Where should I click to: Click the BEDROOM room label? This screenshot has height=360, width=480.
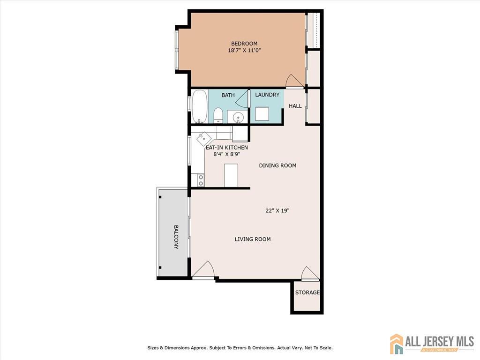point(244,44)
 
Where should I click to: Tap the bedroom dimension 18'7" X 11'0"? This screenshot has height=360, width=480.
point(244,50)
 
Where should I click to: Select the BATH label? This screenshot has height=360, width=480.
point(228,95)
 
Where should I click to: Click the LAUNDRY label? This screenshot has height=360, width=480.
point(267,95)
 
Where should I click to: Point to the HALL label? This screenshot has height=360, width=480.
point(295,106)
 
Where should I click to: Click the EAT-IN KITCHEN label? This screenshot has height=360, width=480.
point(227,148)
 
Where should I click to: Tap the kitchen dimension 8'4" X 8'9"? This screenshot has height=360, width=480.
point(226,154)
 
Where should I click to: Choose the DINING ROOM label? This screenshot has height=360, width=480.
point(277,165)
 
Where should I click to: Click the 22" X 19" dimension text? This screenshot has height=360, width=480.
point(277,210)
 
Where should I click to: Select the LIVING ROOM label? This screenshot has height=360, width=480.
point(253,239)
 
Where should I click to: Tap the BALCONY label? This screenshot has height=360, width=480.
point(176,237)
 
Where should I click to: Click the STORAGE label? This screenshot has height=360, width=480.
point(307,292)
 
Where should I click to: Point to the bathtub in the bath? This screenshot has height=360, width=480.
point(200,106)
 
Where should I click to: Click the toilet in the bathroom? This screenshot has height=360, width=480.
point(218,115)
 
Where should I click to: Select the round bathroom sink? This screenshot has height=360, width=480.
point(238,117)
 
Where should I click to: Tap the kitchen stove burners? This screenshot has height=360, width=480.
point(201,180)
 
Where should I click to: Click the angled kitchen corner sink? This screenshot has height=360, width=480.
point(203,139)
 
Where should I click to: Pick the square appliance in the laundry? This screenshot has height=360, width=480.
point(262,113)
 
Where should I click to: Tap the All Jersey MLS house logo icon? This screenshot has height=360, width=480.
point(397,344)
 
